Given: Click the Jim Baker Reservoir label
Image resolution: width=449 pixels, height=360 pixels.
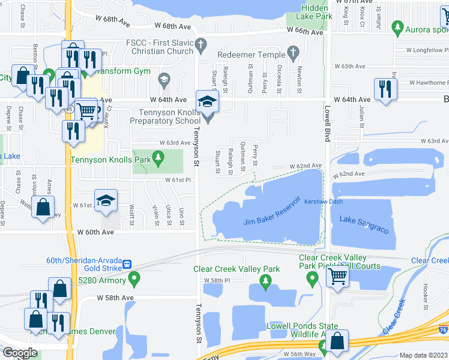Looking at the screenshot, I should pos(271,213).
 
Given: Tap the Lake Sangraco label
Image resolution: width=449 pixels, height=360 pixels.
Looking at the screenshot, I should pos(364,225).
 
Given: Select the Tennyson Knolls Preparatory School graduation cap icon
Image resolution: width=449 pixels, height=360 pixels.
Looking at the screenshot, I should pos(207,101).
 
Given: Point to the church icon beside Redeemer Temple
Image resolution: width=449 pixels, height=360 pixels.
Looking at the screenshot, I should pos(294,53).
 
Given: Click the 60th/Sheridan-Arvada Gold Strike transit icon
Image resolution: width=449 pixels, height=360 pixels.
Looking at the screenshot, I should pos(127,265).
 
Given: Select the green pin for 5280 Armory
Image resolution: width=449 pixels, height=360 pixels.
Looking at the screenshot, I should pos(134,278).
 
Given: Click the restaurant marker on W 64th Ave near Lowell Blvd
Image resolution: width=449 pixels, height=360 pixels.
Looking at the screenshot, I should pos(384,89).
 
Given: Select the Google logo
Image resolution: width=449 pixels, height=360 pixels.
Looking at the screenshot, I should pos(19,352).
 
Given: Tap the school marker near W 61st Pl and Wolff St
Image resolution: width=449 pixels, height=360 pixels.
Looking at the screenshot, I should pos(105,201).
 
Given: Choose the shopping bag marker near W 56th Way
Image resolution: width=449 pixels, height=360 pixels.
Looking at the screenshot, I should pos(338,341).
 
